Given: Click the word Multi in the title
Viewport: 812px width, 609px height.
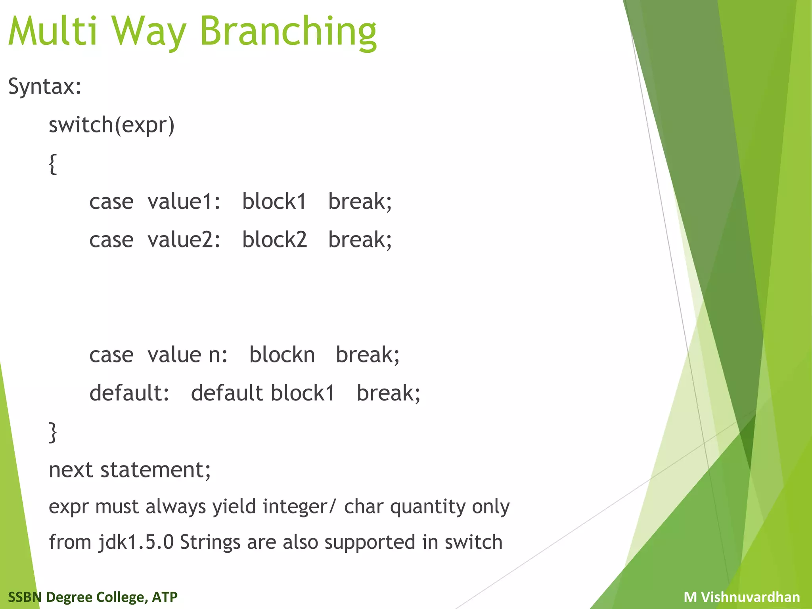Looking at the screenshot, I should [x=53, y=32].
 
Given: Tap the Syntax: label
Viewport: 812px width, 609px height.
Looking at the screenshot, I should [x=45, y=86].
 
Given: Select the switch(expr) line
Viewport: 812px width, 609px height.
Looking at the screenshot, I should [x=111, y=125].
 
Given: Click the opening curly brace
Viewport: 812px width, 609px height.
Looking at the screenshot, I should [x=53, y=164].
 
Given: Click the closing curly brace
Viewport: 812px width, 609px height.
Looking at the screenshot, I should [x=53, y=432].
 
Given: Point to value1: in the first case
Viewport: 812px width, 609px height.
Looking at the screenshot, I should [x=184, y=202].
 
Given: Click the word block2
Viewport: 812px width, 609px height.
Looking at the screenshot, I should [x=274, y=240].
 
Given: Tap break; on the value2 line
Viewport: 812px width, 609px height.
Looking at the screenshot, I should [x=360, y=240].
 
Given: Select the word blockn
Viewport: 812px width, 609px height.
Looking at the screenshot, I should [x=282, y=355].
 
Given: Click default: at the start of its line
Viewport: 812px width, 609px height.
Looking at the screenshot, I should [x=129, y=393].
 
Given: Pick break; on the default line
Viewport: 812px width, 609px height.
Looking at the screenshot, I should [x=388, y=393].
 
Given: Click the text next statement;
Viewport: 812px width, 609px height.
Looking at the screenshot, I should [x=130, y=470].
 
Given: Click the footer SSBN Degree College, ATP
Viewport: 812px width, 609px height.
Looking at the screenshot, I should [x=93, y=597].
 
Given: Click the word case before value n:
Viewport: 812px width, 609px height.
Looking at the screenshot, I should [x=111, y=355].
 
